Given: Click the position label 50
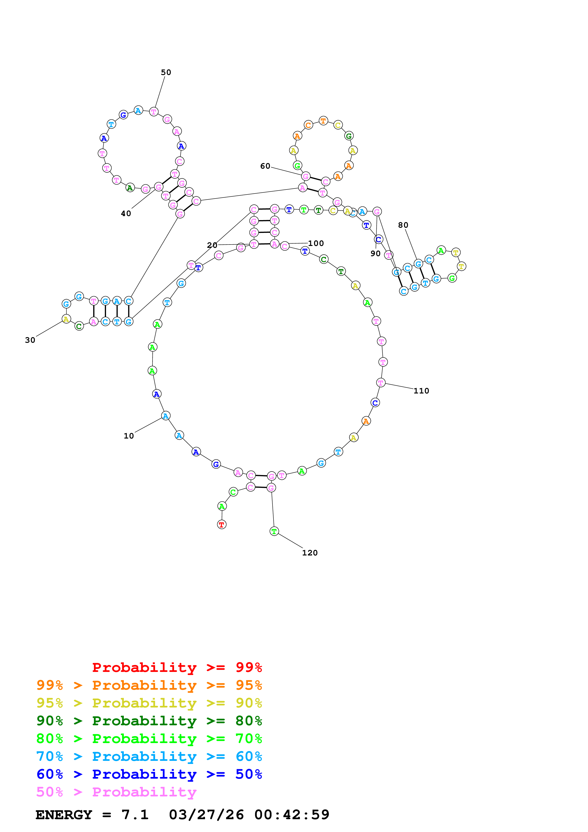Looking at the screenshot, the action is click(x=166, y=73).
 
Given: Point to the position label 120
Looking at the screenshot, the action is click(x=310, y=553).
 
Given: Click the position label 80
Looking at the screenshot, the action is click(x=403, y=225).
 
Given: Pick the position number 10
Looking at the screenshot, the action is click(x=129, y=436).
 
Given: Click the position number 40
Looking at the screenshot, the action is click(x=126, y=214).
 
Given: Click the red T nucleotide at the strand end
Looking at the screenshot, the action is click(x=222, y=524).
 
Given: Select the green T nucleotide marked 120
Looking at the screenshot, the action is click(x=274, y=531).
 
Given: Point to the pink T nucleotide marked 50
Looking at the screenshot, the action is click(x=154, y=112).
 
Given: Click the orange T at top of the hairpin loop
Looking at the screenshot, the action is click(x=323, y=121).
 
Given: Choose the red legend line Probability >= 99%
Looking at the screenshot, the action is click(x=177, y=667).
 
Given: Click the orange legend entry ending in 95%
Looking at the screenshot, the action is click(x=149, y=685).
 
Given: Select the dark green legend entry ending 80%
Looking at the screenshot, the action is click(x=149, y=721).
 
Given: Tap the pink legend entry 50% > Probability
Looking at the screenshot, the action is click(x=117, y=792).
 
